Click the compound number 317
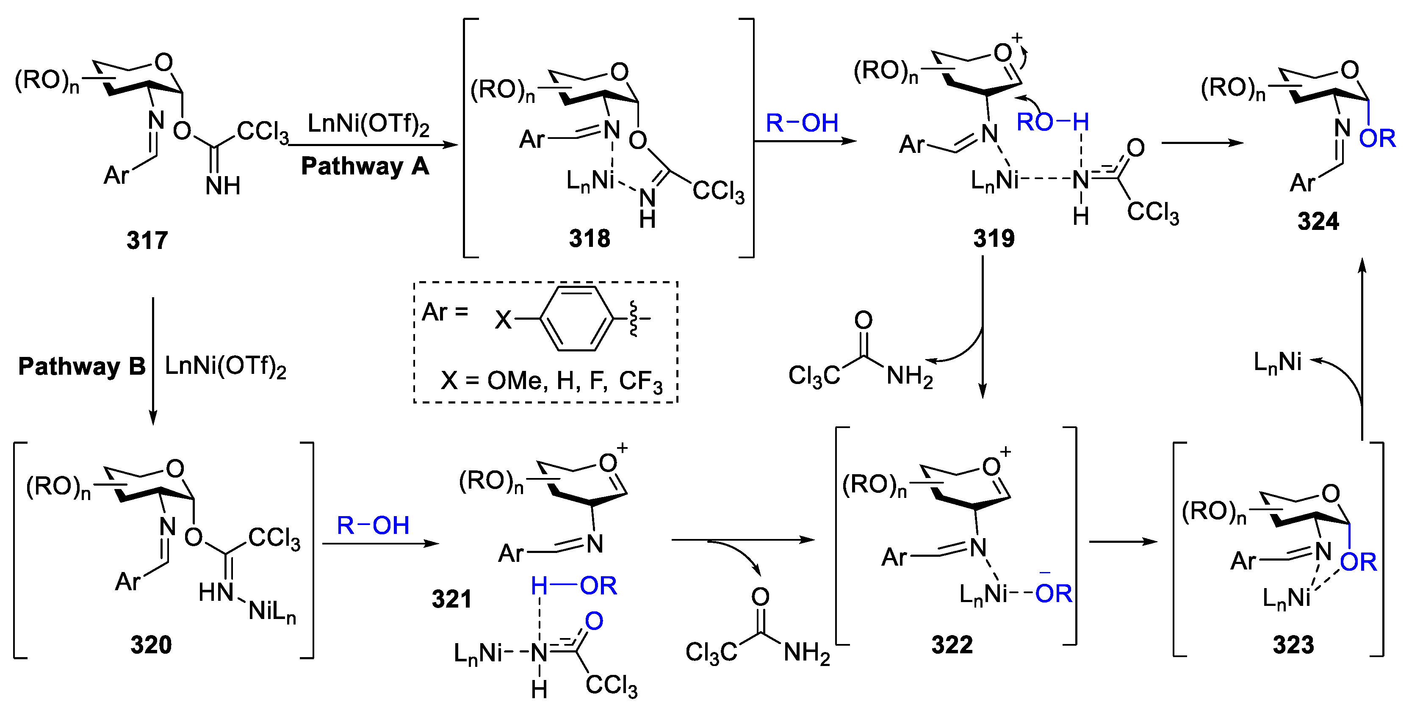[x=147, y=240]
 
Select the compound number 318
[x=589, y=238]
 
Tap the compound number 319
[x=994, y=238]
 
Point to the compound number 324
[x=1318, y=222]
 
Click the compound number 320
[x=151, y=645]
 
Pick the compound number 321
[x=452, y=599]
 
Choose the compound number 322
[x=952, y=645]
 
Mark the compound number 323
[x=1293, y=645]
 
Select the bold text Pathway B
[x=82, y=366]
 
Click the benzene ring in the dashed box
[x=577, y=318]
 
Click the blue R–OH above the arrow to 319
[x=802, y=123]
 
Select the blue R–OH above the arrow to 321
[x=373, y=525]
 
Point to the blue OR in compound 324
[x=1377, y=139]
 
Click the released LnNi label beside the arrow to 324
[x=1278, y=362]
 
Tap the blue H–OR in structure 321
[x=574, y=586]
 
